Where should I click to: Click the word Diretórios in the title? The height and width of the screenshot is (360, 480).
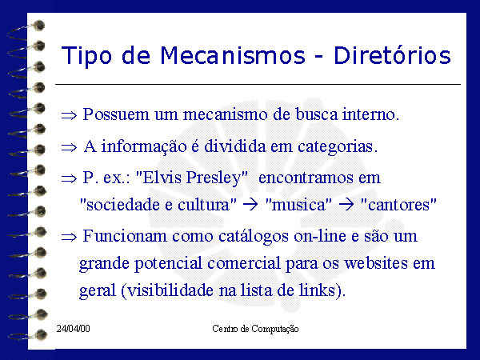[392, 55]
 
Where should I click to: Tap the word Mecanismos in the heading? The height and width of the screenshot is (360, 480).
[233, 55]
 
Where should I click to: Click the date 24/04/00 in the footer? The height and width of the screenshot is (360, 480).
[73, 329]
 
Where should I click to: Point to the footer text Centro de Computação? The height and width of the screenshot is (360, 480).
[255, 329]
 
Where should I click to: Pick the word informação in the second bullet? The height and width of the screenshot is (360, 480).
[144, 146]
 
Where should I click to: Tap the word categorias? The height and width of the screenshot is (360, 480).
[338, 147]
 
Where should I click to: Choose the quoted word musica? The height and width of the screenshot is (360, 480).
[298, 205]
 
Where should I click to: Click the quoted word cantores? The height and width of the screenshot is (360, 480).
[398, 205]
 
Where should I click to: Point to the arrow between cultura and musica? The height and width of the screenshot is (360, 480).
[250, 205]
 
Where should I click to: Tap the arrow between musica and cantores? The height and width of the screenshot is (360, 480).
[346, 205]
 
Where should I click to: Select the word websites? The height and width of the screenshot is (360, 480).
[376, 263]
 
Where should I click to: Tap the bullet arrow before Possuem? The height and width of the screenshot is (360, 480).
[69, 115]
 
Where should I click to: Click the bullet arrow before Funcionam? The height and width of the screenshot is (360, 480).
[69, 237]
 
